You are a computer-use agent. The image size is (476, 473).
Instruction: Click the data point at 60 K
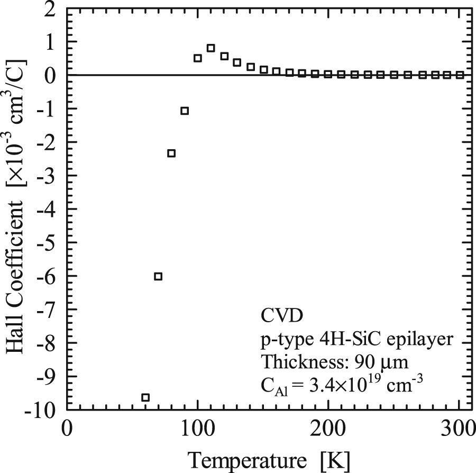145,397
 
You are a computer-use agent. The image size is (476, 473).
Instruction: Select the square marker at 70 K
158,276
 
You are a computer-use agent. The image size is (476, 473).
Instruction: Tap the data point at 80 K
171,153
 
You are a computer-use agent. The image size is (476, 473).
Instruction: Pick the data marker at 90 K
185,111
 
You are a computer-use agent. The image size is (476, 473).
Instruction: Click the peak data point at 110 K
210,48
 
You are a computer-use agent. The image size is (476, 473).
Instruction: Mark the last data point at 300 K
460,75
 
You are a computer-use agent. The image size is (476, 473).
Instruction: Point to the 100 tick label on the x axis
197,427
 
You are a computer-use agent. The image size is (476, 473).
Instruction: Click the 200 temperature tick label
328,427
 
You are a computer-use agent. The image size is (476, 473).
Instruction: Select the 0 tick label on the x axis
67,427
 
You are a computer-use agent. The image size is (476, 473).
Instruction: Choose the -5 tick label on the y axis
48,243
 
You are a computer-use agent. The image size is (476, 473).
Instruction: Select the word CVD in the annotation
282,316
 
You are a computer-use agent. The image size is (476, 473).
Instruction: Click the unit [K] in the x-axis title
336,458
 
